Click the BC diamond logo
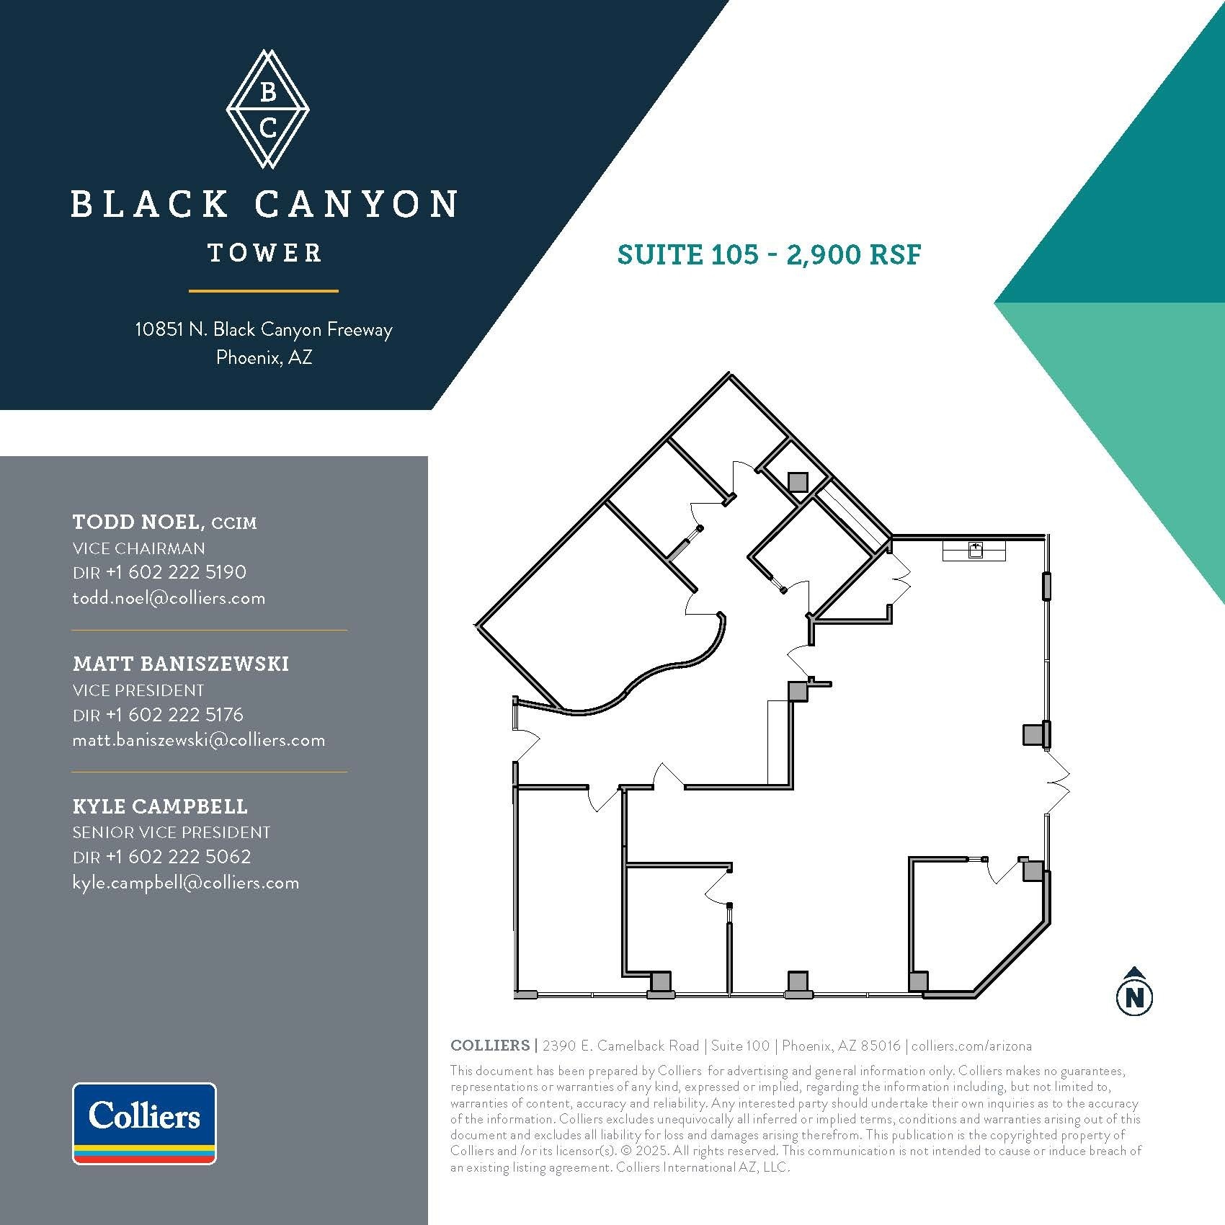pyautogui.click(x=267, y=110)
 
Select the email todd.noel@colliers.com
pyautogui.click(x=169, y=598)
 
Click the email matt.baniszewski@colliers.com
pyautogui.click(x=199, y=740)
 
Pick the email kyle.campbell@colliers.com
pyautogui.click(x=186, y=883)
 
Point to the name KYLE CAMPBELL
pyautogui.click(x=160, y=806)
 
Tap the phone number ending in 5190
pyautogui.click(x=176, y=572)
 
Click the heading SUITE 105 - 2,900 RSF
pyautogui.click(x=769, y=254)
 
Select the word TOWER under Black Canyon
pyautogui.click(x=264, y=253)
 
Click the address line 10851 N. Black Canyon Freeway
pyautogui.click(x=264, y=330)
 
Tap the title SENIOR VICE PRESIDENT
pyautogui.click(x=171, y=832)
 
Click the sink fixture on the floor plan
pyautogui.click(x=975, y=551)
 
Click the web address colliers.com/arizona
pyautogui.click(x=972, y=1046)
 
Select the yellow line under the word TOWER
pyautogui.click(x=264, y=291)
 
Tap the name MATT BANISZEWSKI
pyautogui.click(x=181, y=664)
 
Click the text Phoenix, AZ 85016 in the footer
pyautogui.click(x=841, y=1046)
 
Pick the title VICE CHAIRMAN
pyautogui.click(x=139, y=548)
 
